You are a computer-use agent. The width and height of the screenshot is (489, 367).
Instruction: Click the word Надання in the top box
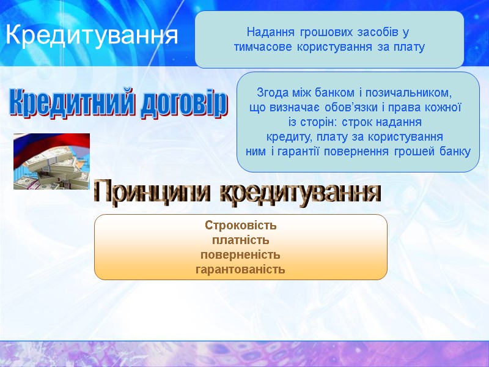tap(267, 31)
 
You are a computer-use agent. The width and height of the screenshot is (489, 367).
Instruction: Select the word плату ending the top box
tap(411, 46)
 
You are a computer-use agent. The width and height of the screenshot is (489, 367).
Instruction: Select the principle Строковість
tap(240, 225)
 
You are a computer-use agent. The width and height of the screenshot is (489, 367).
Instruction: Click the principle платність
tap(240, 240)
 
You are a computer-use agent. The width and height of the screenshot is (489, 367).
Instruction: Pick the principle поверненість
tap(240, 254)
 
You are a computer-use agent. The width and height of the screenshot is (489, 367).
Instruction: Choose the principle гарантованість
tap(240, 269)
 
